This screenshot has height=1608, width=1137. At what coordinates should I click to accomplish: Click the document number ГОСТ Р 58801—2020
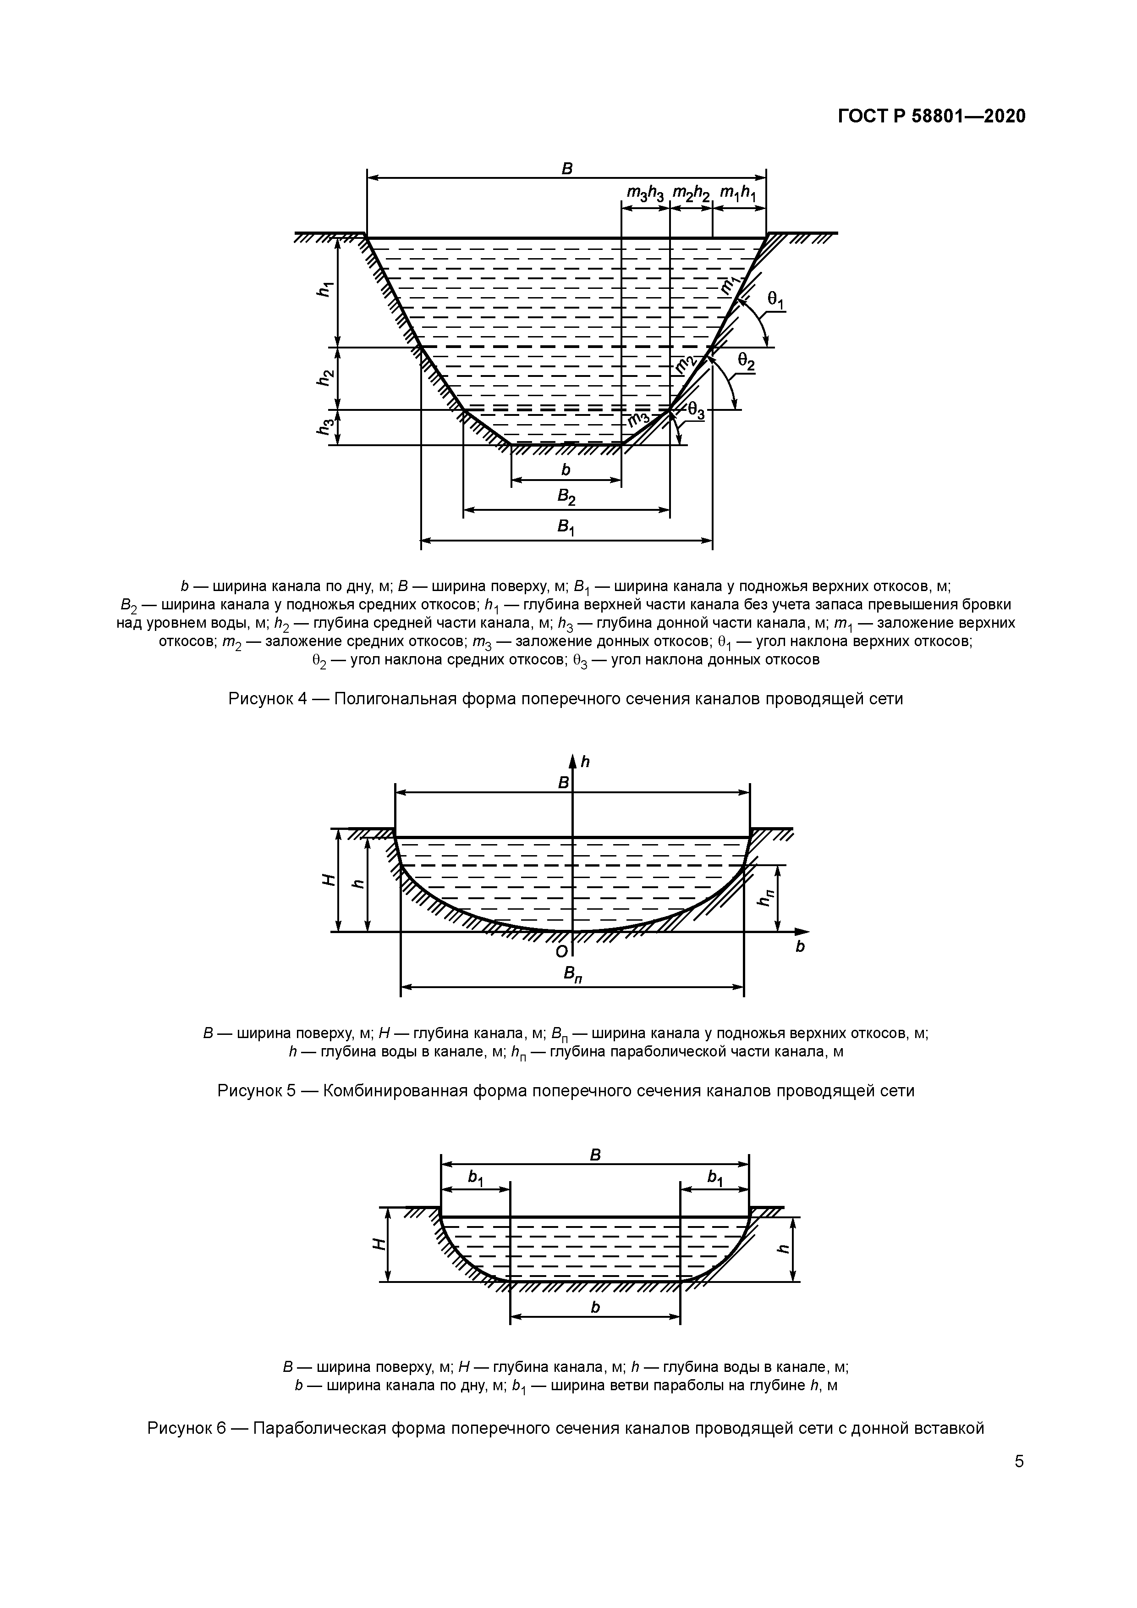click(x=931, y=116)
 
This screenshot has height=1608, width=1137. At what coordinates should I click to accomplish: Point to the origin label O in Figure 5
click(x=561, y=952)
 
